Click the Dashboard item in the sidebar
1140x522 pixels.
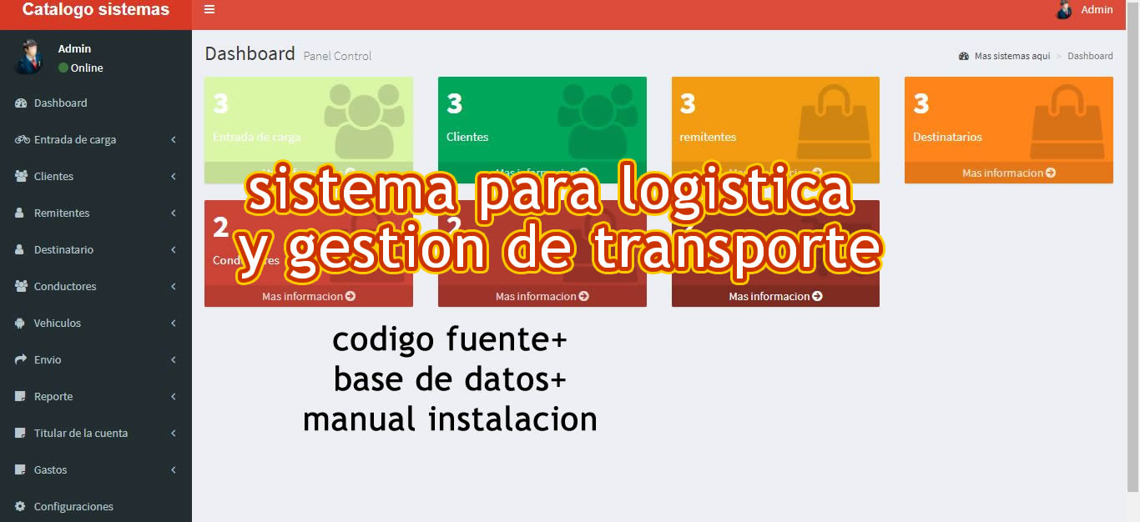(x=60, y=103)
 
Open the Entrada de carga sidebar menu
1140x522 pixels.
(x=74, y=140)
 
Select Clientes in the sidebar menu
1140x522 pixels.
(x=53, y=177)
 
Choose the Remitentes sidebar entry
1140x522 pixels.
(x=61, y=213)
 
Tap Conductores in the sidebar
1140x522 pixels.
(x=65, y=287)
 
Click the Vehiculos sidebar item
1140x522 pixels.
(x=57, y=324)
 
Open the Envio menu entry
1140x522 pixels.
(x=48, y=360)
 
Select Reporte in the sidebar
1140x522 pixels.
(x=53, y=397)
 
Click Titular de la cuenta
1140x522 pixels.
(x=80, y=434)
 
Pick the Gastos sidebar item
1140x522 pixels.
(x=50, y=470)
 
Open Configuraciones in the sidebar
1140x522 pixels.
(x=73, y=507)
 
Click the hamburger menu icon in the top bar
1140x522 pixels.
(x=209, y=9)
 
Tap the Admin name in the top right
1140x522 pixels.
(x=1097, y=10)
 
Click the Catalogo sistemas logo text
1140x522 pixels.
(x=95, y=10)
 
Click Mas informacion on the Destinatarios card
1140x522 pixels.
(x=1008, y=173)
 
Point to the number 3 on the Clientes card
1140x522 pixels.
(x=454, y=103)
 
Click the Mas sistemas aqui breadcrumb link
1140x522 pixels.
(x=1011, y=56)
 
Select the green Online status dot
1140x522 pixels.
(x=63, y=68)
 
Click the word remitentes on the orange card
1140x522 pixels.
(x=708, y=138)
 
